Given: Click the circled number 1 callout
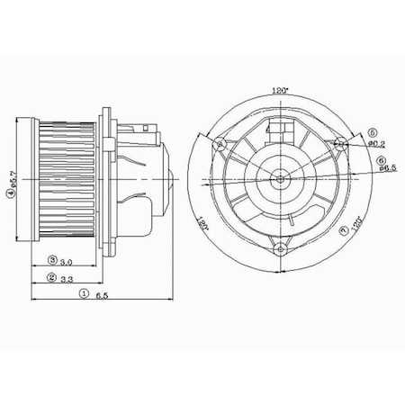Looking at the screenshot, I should (x=84, y=293).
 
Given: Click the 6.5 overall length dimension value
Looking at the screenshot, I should (x=103, y=293).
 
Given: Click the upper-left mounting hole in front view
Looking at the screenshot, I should (x=219, y=142).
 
